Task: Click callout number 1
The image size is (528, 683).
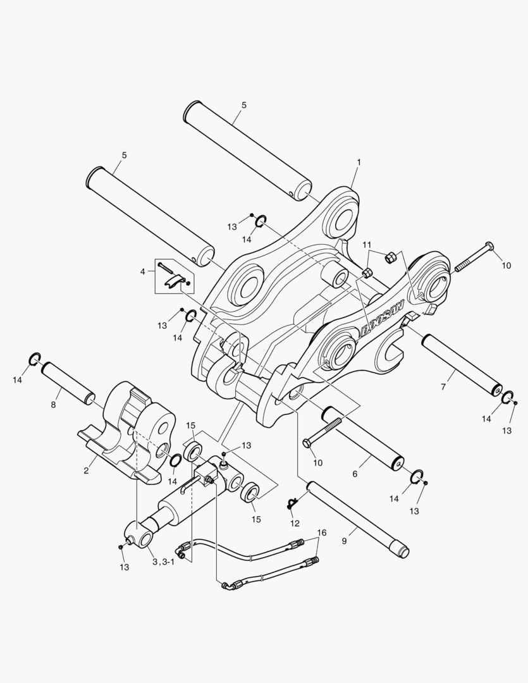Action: click(x=359, y=162)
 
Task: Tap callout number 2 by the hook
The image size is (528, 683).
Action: click(x=86, y=471)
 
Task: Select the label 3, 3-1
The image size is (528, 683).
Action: click(x=163, y=562)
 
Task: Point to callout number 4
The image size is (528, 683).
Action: click(x=142, y=271)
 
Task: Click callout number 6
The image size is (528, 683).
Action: click(x=355, y=474)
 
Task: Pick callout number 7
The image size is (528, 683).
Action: click(x=443, y=386)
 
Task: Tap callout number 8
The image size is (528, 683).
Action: click(x=53, y=405)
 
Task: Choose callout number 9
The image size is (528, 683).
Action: click(x=344, y=541)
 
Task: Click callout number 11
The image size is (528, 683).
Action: click(x=367, y=245)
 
